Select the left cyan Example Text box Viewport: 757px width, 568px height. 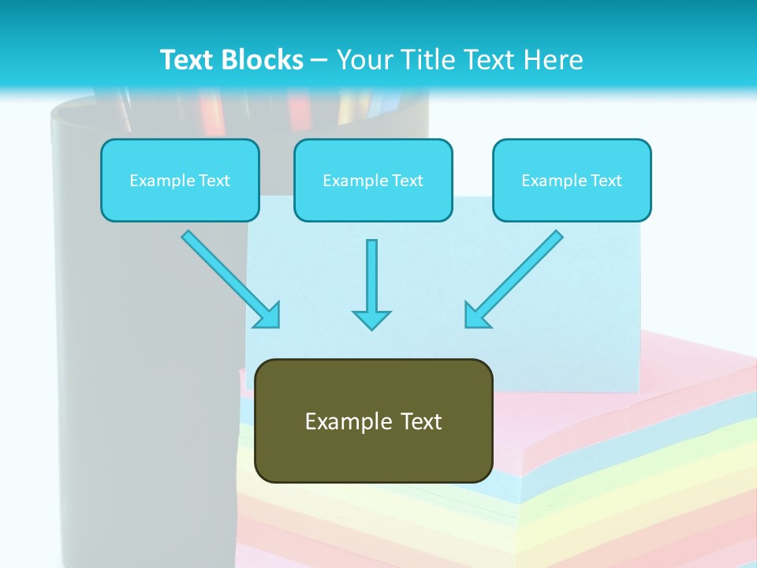(x=180, y=180)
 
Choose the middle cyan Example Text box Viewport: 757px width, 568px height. (x=373, y=180)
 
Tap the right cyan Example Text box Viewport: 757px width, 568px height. (x=572, y=180)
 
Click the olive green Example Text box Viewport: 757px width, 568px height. (x=374, y=420)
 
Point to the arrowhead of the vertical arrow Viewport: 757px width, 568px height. (x=371, y=319)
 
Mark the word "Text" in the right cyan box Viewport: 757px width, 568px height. (x=606, y=181)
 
